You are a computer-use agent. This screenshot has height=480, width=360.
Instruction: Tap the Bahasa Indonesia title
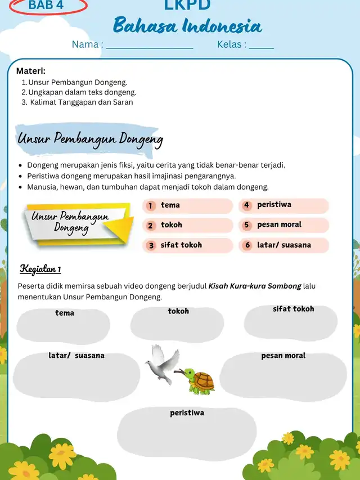[x=187, y=26]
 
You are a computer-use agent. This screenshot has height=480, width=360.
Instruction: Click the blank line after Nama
[x=150, y=46]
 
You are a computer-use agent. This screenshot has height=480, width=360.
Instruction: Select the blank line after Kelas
[x=261, y=46]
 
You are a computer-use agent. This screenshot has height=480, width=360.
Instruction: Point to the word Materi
[x=30, y=71]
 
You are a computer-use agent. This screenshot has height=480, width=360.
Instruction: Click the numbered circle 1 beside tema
[x=150, y=205]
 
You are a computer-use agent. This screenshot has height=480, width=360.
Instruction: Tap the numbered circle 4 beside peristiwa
[x=246, y=205]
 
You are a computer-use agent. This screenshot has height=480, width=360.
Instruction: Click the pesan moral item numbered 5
[x=279, y=225]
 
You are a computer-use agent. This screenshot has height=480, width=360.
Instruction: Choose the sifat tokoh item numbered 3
[x=181, y=245]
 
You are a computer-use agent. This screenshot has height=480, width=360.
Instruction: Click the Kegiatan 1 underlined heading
[x=40, y=268]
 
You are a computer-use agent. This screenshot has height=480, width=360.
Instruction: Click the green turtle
[x=198, y=381]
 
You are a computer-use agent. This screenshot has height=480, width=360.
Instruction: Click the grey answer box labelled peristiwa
[x=187, y=434]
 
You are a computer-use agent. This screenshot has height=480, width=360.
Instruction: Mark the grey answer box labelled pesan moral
[x=283, y=375]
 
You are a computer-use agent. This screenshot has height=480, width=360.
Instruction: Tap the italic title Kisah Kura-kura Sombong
[x=255, y=286]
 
